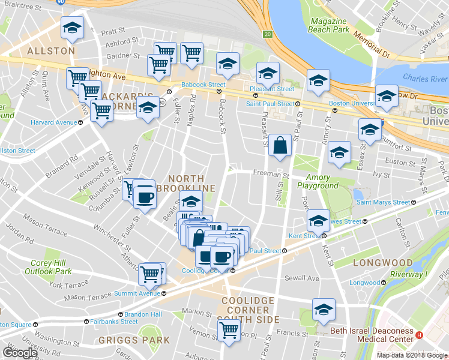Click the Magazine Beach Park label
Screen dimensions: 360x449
[x=330, y=25]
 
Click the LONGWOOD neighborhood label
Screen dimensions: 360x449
[x=383, y=263]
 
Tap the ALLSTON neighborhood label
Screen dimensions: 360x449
[x=51, y=51]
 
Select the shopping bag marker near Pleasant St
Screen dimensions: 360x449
[x=280, y=145]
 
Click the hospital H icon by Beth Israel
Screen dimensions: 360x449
[x=420, y=335]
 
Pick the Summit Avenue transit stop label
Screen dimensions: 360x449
[x=137, y=293]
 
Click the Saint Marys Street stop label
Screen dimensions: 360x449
[x=383, y=203]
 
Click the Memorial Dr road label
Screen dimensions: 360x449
[x=373, y=44]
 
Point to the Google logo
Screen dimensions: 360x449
[x=20, y=352]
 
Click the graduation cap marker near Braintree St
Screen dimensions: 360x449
[x=72, y=28]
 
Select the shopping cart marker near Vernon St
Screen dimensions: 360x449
[x=229, y=329]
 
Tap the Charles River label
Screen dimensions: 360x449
[x=425, y=79]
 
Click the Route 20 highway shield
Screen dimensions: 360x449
[x=268, y=33]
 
